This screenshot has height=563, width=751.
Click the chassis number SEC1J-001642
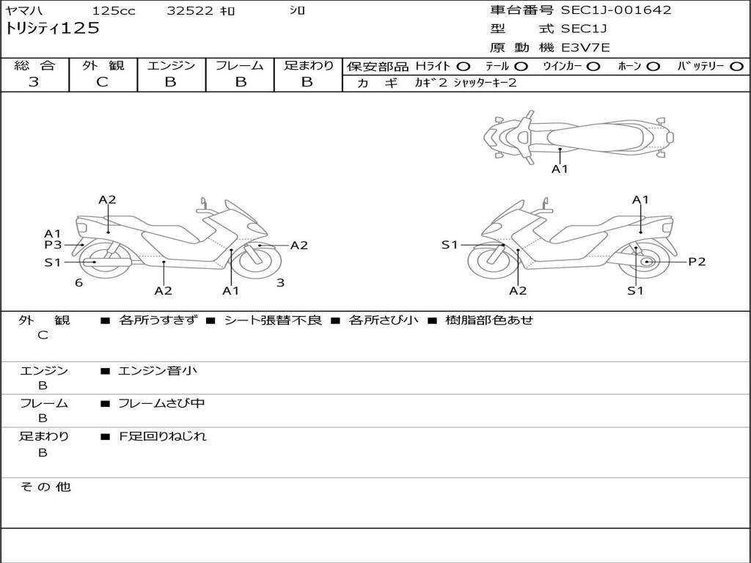click(x=616, y=10)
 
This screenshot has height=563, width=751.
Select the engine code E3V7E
click(x=585, y=48)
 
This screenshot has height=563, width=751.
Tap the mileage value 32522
click(x=190, y=11)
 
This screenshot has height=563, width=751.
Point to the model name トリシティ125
click(x=52, y=29)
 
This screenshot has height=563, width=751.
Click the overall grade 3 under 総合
click(x=34, y=82)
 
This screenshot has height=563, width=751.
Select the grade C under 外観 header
click(x=102, y=82)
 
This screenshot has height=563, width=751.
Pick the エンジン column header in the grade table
click(x=171, y=65)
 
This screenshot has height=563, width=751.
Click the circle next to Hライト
click(x=464, y=66)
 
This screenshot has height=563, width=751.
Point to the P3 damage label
click(x=53, y=245)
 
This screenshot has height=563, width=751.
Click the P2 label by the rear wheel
click(x=697, y=262)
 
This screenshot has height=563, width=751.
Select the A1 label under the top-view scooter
click(x=560, y=169)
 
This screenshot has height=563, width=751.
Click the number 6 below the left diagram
click(x=78, y=282)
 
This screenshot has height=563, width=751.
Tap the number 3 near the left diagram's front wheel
click(x=280, y=282)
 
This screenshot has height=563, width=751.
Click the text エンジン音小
click(x=158, y=371)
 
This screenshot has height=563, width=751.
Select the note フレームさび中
click(x=162, y=403)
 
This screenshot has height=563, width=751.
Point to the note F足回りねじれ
click(x=163, y=436)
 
